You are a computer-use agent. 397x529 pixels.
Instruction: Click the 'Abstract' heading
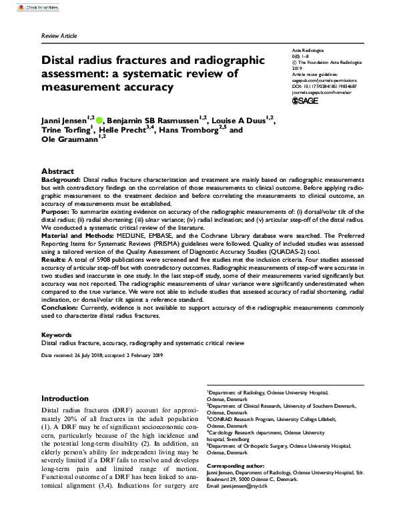[57, 171]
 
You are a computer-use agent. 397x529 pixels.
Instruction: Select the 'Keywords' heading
[56, 335]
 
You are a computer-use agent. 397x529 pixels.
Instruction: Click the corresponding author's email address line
[241, 487]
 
